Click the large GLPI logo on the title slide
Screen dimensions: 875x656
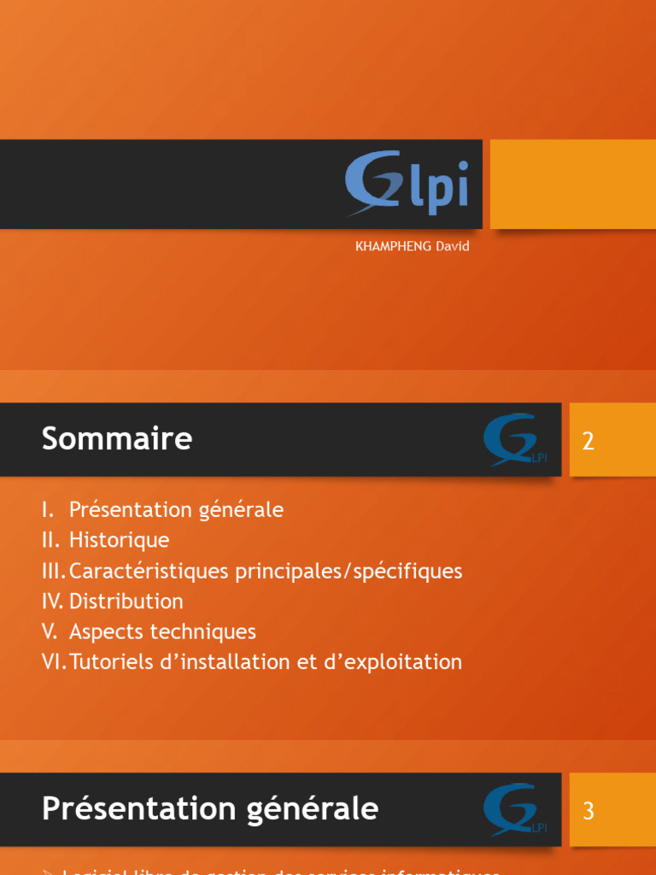click(407, 182)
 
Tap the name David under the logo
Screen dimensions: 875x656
click(453, 246)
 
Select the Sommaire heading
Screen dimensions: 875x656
click(117, 439)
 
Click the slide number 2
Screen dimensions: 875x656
click(588, 442)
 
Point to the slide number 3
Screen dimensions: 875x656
click(588, 811)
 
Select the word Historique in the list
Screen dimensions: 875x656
click(119, 540)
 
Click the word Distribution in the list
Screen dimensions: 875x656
click(126, 602)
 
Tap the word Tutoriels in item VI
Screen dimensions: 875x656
click(108, 662)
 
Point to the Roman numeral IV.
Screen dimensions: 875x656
click(52, 602)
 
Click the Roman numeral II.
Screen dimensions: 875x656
click(50, 540)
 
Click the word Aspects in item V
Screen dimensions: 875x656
click(105, 632)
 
